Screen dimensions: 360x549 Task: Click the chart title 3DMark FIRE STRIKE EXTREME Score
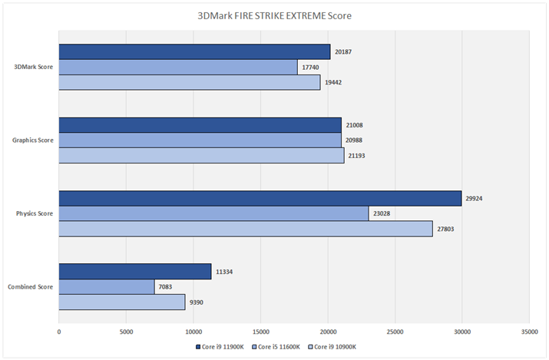click(274, 15)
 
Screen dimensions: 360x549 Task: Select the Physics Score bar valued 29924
click(260, 199)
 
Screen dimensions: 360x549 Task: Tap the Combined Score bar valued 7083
click(107, 287)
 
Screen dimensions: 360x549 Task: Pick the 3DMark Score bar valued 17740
click(178, 67)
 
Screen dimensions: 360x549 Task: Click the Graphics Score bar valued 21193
click(201, 156)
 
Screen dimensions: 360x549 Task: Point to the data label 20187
click(344, 52)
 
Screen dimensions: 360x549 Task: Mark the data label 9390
click(198, 302)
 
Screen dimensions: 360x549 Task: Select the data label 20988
click(355, 140)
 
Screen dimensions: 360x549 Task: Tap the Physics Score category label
click(34, 213)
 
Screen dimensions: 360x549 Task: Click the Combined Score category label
click(31, 287)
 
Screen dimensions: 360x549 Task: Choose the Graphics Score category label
click(32, 140)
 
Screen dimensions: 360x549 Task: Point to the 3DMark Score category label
click(33, 68)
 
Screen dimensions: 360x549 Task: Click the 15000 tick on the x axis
click(260, 332)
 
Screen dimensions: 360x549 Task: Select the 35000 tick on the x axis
click(529, 332)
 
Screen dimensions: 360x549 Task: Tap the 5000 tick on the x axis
click(126, 332)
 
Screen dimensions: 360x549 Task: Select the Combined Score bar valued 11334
click(135, 272)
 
